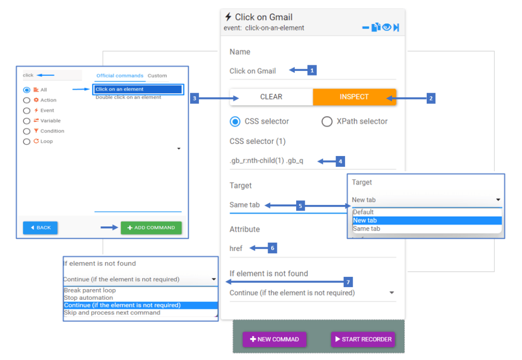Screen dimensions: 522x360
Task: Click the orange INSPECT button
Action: tap(355, 97)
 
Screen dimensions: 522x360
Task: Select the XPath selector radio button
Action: tap(327, 121)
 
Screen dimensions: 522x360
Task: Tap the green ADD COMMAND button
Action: tap(151, 228)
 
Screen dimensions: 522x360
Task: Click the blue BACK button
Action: tap(40, 228)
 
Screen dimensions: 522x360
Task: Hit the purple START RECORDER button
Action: tap(363, 340)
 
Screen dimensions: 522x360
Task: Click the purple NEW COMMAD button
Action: tap(274, 340)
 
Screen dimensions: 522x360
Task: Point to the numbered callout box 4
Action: tap(340, 162)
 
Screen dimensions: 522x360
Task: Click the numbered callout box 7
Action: tap(348, 282)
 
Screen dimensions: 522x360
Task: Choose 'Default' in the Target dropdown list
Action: tap(363, 212)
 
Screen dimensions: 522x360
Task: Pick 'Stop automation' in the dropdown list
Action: tap(89, 298)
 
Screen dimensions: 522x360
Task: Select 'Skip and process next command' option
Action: tap(112, 313)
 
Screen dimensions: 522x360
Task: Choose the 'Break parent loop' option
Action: tap(90, 291)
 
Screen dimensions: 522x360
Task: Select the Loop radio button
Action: tap(27, 142)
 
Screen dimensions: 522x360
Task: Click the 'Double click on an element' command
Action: tap(128, 97)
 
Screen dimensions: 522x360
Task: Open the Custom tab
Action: tap(157, 75)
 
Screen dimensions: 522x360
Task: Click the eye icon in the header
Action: tap(386, 27)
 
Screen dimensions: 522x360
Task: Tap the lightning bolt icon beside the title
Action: tap(228, 17)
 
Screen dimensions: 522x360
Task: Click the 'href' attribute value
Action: tap(236, 248)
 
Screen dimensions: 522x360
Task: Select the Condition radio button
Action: tap(27, 131)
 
